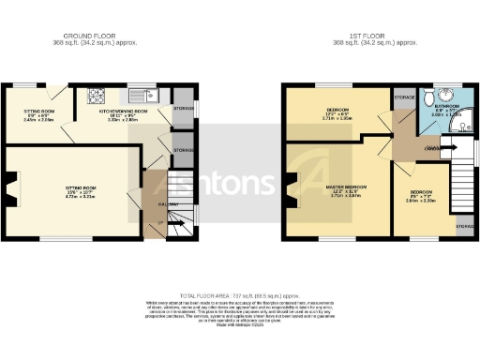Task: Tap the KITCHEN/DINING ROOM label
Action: pos(126,111)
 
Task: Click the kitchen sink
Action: pos(144,96)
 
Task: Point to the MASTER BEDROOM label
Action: pos(346,187)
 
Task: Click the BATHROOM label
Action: pos(441,107)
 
